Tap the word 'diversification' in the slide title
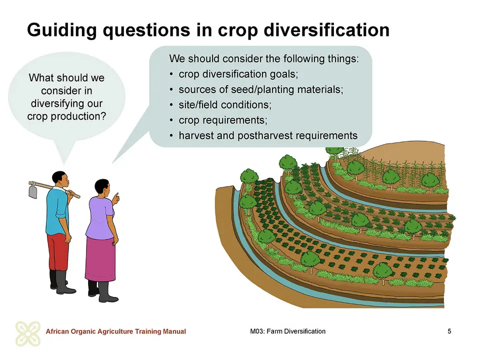point(326,29)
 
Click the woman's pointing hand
point(115,198)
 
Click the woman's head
point(102,188)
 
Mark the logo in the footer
point(28,333)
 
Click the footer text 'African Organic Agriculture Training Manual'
point(115,331)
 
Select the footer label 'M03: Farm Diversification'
point(288,331)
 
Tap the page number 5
point(449,331)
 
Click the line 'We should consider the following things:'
point(264,58)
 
